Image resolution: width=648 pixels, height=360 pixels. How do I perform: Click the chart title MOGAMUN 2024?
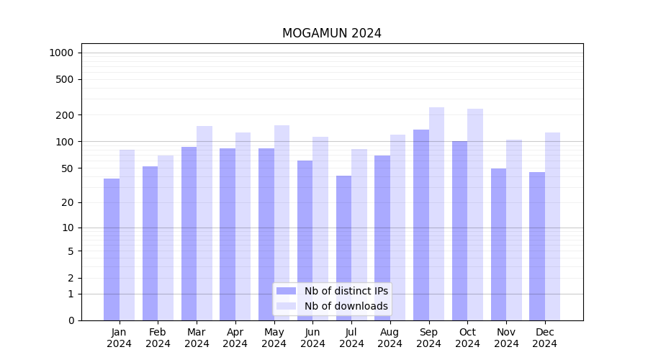[331, 33]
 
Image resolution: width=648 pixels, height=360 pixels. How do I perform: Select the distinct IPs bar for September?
[421, 225]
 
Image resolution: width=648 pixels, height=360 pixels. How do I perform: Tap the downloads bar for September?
[436, 214]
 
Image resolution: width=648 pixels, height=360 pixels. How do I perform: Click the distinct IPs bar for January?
[112, 249]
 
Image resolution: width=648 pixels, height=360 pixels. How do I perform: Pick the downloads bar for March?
[204, 223]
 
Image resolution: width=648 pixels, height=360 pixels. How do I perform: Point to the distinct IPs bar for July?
[343, 248]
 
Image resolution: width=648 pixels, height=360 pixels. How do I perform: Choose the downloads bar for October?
[475, 215]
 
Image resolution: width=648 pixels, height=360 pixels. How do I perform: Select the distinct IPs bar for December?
[537, 246]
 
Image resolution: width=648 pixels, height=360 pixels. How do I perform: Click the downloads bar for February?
[166, 238]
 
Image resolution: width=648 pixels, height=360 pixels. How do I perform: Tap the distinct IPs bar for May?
[266, 234]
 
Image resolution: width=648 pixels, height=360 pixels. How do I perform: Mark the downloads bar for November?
[514, 230]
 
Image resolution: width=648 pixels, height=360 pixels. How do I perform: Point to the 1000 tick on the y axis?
[61, 53]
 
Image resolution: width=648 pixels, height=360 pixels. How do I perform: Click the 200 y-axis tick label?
[66, 115]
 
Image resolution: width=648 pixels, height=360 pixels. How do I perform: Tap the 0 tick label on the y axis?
[71, 320]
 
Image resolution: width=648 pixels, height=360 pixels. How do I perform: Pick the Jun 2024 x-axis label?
[312, 338]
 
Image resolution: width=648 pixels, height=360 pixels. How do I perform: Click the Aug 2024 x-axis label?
[390, 338]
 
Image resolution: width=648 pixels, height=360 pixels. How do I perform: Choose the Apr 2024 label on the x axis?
[235, 338]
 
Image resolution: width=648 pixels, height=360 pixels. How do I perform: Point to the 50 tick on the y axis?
[68, 168]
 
